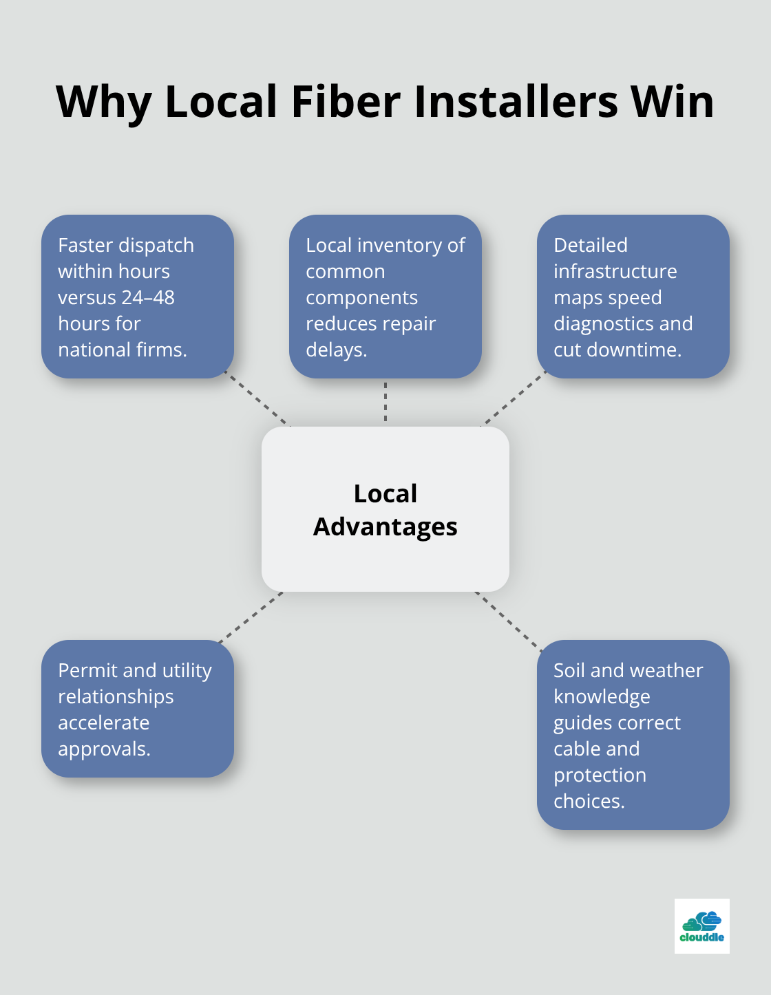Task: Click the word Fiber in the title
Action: click(344, 102)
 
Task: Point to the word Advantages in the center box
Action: click(385, 527)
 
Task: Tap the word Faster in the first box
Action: click(86, 245)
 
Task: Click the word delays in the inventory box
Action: click(335, 350)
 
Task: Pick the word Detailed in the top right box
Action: click(591, 245)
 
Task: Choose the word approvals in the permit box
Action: click(103, 749)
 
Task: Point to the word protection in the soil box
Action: click(600, 775)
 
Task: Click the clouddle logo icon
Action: click(701, 926)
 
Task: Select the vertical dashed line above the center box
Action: click(385, 402)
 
